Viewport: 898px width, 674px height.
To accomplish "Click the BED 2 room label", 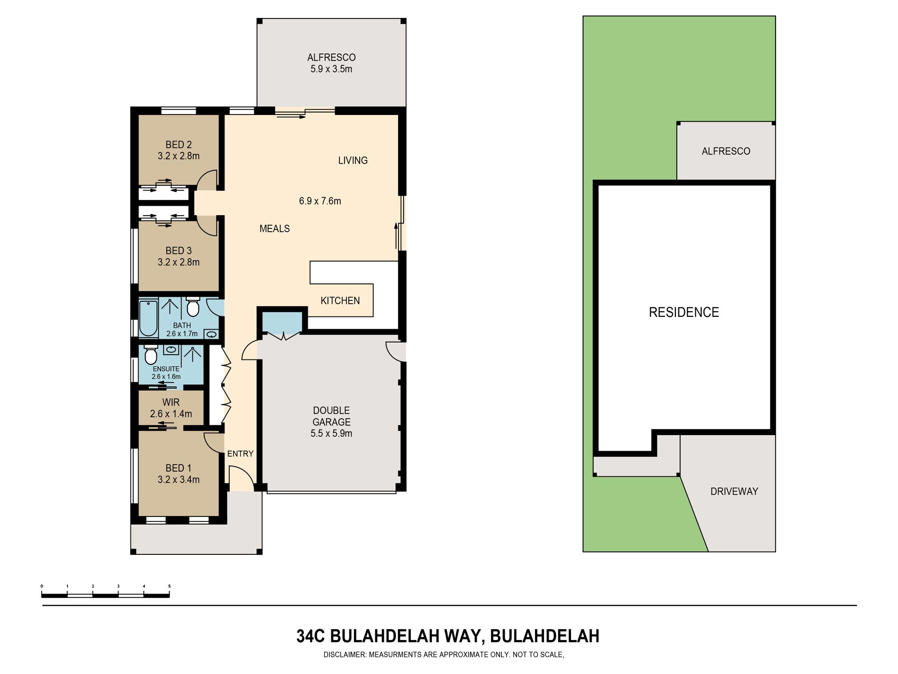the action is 178,145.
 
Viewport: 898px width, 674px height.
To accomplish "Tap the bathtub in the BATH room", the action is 148,318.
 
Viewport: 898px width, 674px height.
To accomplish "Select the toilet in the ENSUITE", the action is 151,354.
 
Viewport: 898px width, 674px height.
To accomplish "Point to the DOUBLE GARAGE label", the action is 331,416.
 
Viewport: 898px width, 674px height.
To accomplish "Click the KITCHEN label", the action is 340,301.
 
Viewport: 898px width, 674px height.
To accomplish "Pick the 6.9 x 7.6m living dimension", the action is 320,201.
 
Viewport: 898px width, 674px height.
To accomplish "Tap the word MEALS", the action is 275,229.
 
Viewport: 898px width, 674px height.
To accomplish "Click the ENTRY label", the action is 240,454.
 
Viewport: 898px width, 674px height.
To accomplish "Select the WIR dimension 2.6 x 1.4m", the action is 171,414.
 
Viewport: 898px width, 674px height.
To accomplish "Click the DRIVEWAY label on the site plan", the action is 734,491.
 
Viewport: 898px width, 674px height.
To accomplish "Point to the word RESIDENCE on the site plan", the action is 684,312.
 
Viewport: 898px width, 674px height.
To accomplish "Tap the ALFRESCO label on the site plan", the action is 726,151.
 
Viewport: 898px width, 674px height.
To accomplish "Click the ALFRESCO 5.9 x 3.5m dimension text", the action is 331,69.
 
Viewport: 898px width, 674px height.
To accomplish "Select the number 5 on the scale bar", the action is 169,586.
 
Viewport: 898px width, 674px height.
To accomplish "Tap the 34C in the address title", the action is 311,636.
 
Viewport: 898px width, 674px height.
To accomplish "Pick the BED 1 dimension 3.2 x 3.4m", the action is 179,480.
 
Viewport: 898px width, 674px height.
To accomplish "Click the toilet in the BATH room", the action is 193,306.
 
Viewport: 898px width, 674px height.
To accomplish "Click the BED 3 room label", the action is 178,251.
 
